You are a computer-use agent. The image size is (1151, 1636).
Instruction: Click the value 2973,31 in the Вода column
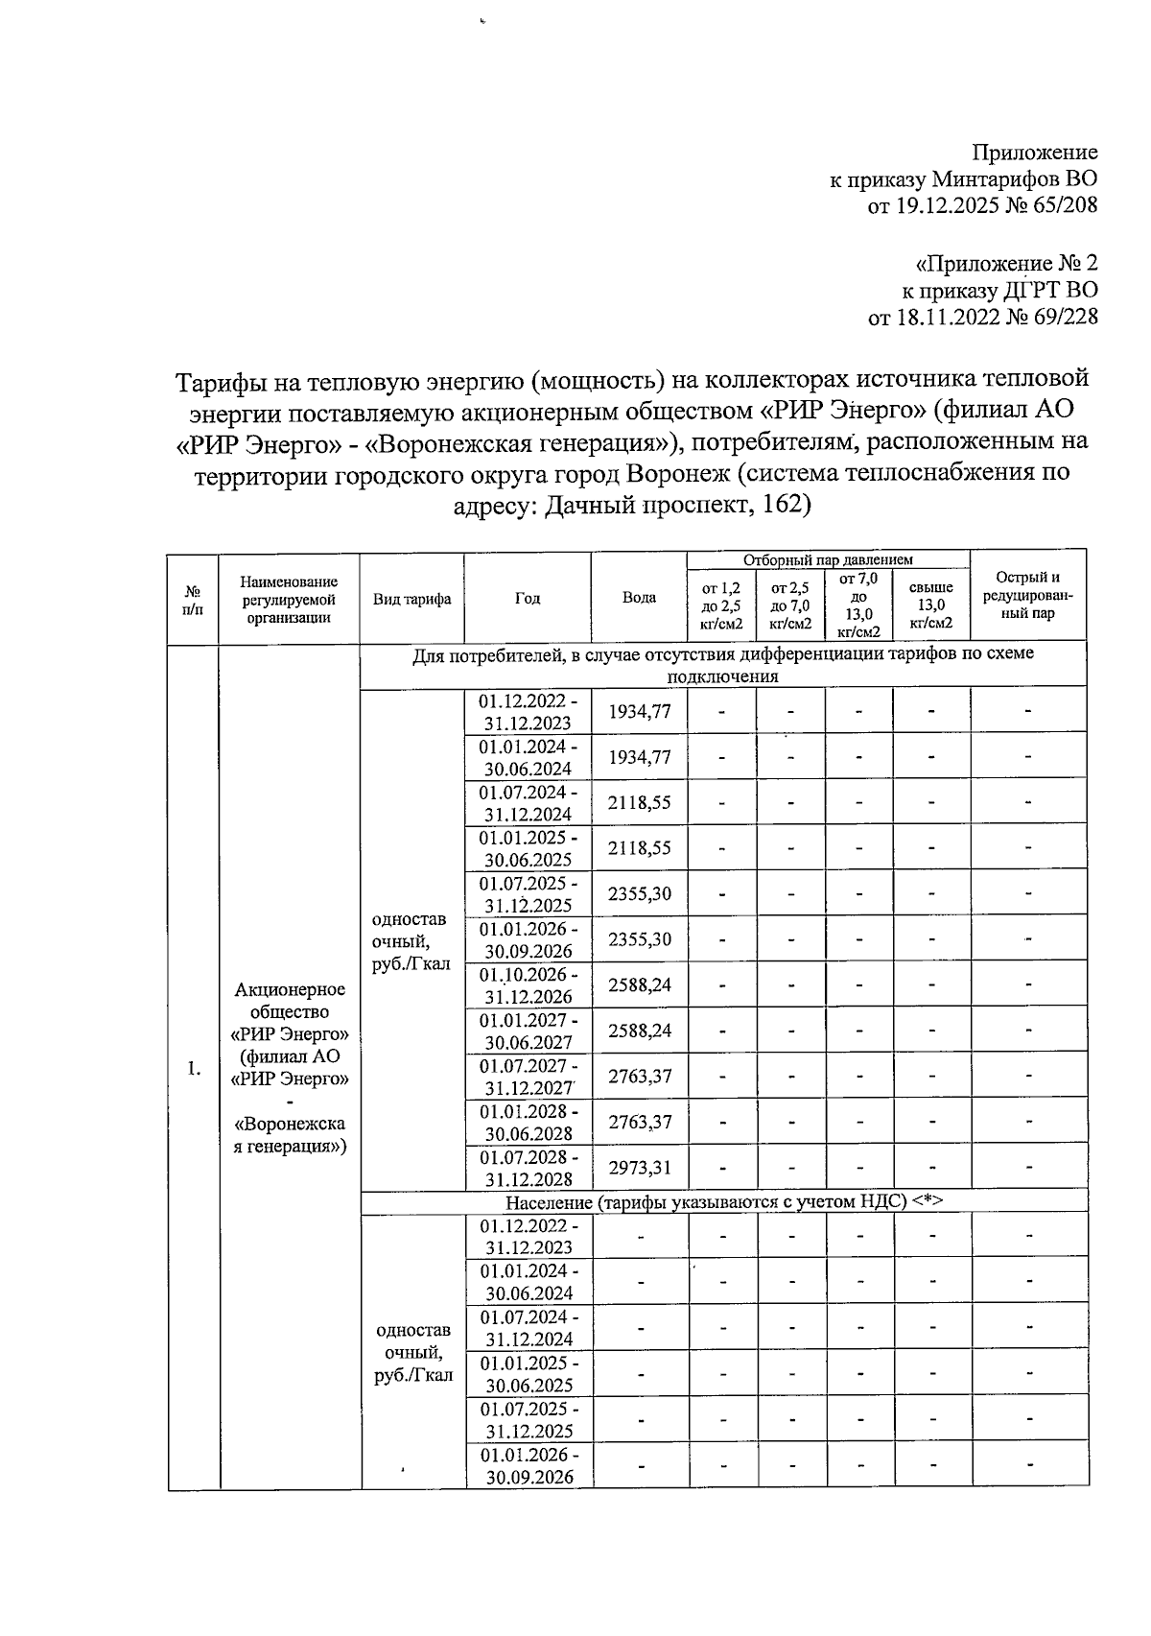(x=639, y=1168)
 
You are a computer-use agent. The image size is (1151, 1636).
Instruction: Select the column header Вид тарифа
(x=411, y=599)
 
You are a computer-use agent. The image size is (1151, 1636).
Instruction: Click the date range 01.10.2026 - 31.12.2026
(x=528, y=985)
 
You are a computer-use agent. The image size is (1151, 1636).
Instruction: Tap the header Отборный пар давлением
(x=828, y=559)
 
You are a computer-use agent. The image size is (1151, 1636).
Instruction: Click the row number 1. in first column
(x=194, y=1069)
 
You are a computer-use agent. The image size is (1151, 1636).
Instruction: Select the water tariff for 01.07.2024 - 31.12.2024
(x=639, y=802)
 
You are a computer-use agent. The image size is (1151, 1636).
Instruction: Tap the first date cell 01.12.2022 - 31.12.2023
(x=528, y=712)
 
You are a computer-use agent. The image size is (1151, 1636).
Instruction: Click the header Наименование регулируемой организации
(x=289, y=599)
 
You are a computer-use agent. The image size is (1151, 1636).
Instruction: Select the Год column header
(x=527, y=599)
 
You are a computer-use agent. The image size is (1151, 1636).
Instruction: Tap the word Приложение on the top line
(x=1034, y=153)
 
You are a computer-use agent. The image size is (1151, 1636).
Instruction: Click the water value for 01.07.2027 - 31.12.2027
(x=639, y=1077)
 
